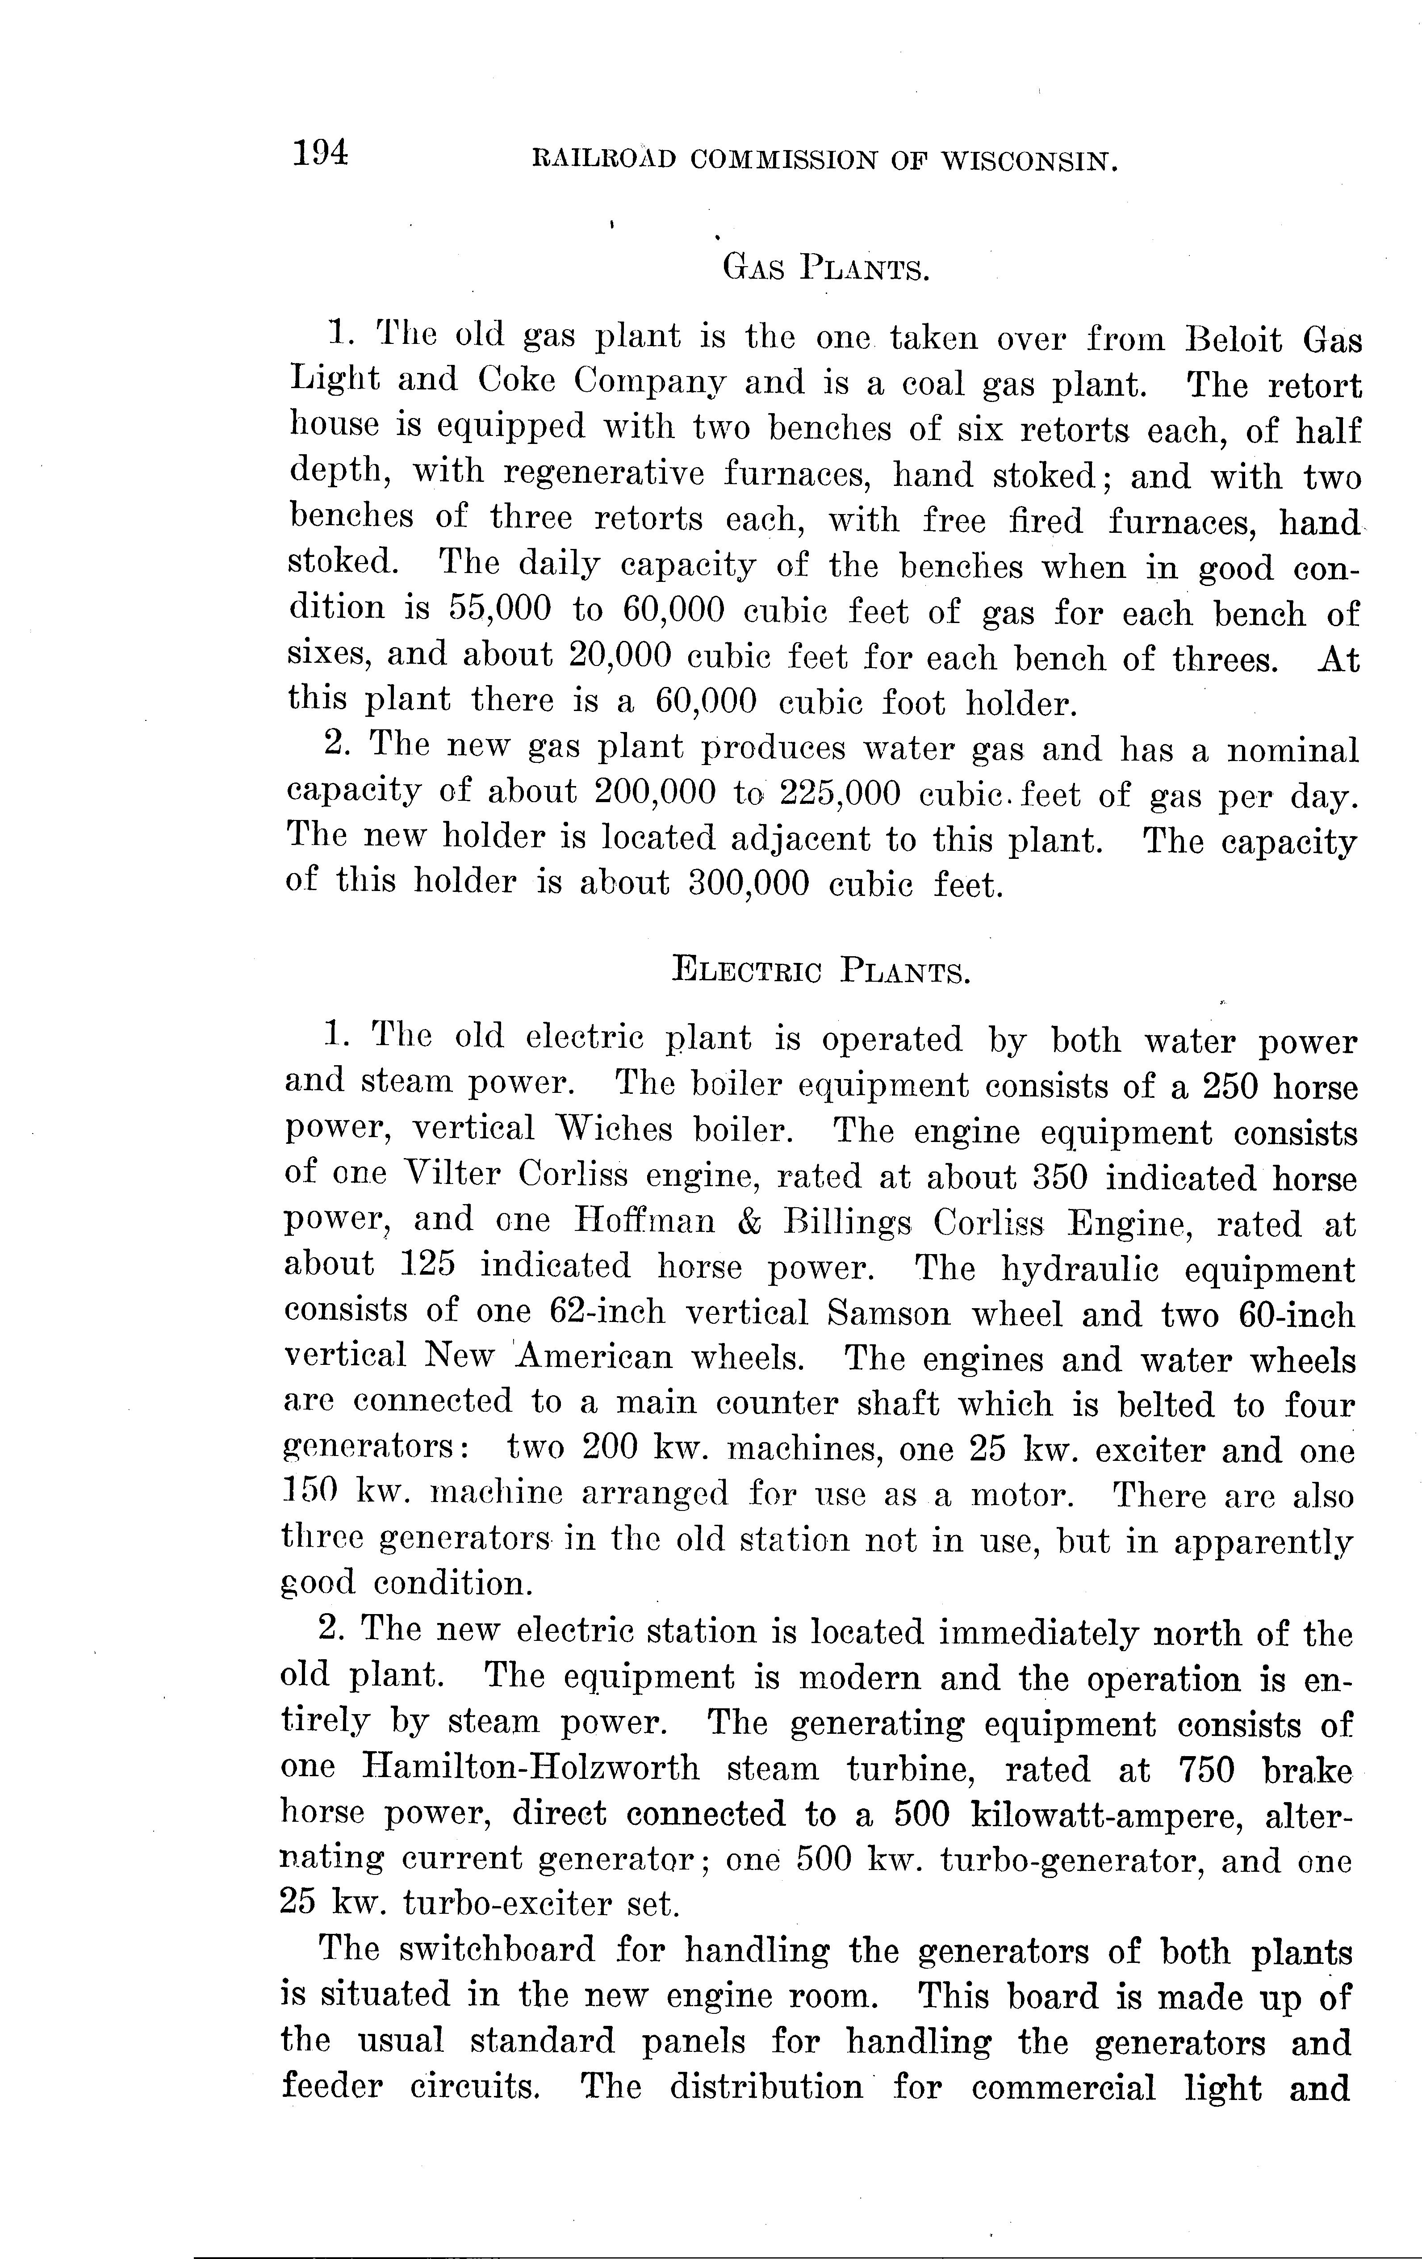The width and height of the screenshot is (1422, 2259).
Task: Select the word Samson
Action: (x=889, y=1313)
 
